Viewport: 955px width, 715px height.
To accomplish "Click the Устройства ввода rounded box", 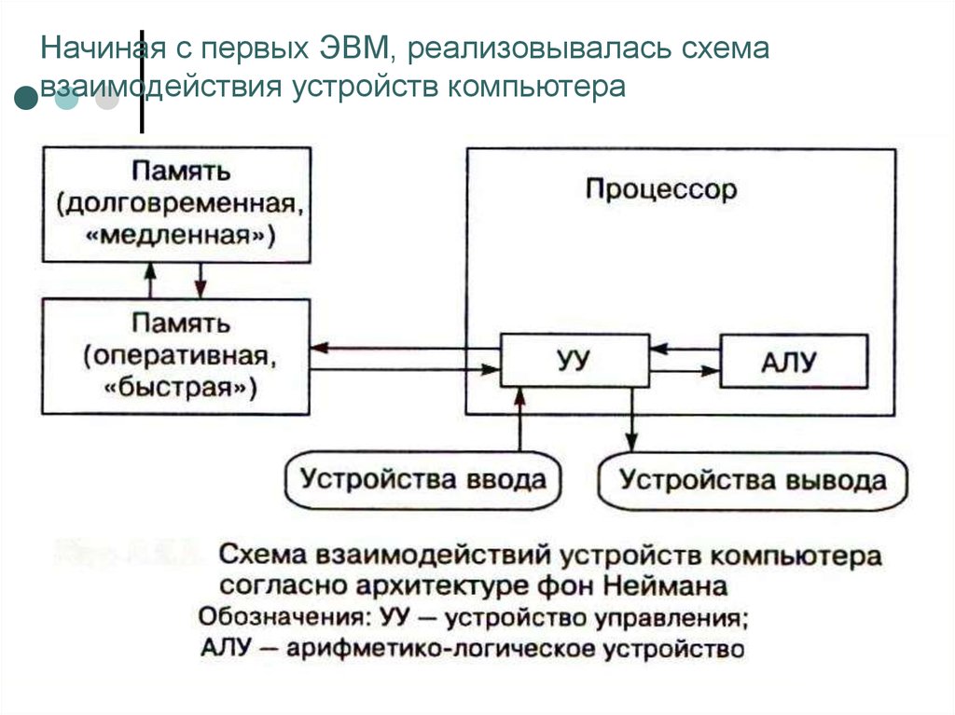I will (422, 481).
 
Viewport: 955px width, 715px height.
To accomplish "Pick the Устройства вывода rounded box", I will (754, 482).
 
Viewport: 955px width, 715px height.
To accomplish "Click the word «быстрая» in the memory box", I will (176, 385).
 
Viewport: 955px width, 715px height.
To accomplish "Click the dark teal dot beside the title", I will (25, 99).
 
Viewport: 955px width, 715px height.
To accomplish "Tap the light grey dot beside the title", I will (106, 99).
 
